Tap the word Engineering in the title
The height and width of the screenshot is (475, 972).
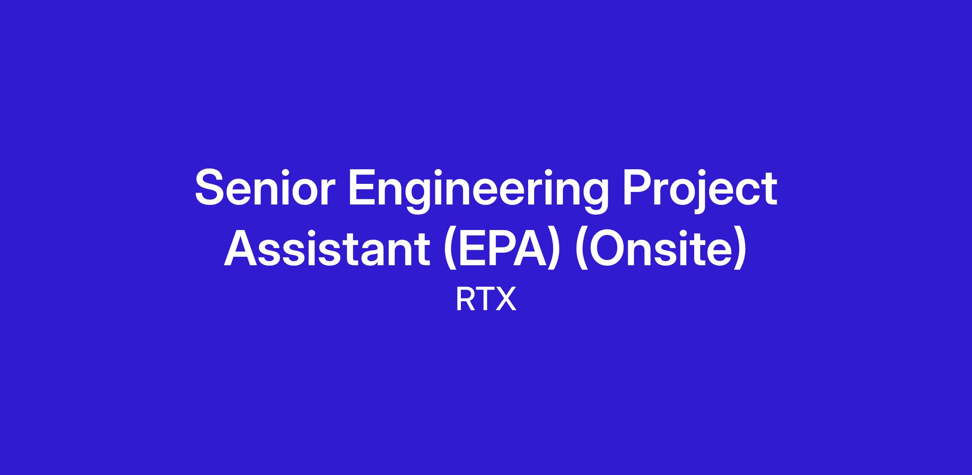[x=480, y=192]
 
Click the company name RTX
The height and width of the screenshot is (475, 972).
[x=486, y=299]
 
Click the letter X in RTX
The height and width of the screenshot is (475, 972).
[x=505, y=299]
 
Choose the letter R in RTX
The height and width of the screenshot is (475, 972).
[x=465, y=299]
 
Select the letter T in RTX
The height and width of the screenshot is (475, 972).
[x=484, y=299]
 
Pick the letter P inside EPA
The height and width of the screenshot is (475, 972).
[x=506, y=249]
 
